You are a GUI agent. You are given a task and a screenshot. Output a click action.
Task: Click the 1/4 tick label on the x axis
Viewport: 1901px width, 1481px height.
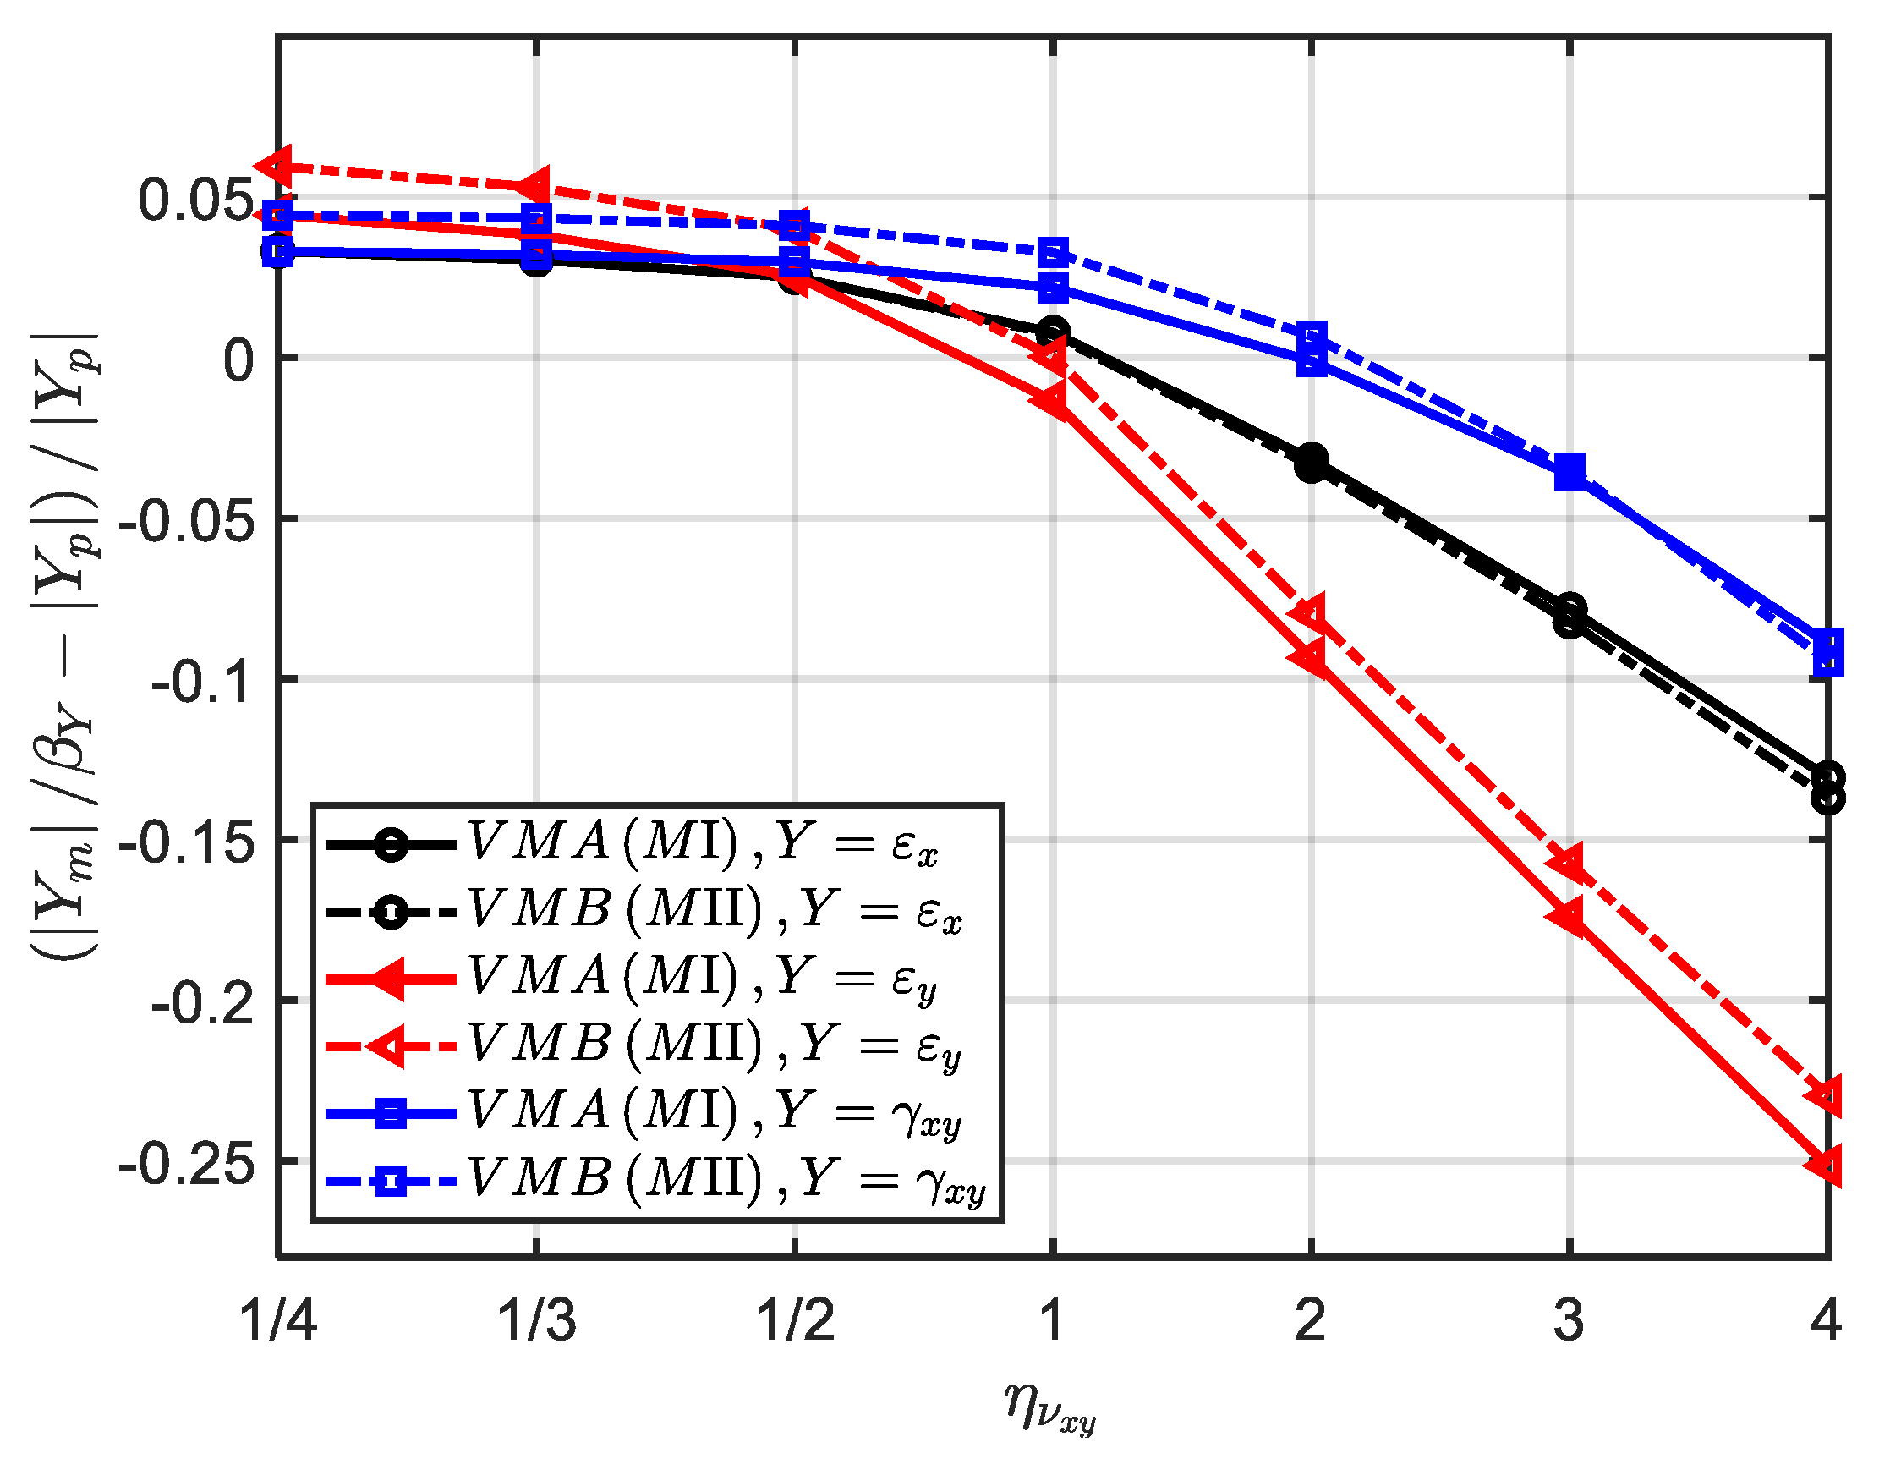point(277,1320)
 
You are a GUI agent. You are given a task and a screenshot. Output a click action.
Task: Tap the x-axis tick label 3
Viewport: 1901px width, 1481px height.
point(1570,1320)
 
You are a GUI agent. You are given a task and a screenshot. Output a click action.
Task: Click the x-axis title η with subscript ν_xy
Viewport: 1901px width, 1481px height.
point(1049,1409)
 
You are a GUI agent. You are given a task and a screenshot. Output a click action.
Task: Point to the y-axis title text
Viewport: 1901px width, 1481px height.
point(65,649)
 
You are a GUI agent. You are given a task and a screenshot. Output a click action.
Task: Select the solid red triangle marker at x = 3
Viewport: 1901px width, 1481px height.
point(1569,917)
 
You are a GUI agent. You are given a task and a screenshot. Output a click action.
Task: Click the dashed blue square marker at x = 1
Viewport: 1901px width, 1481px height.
point(1053,254)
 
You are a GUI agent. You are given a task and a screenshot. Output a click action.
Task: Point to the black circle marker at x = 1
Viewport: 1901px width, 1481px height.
point(1053,332)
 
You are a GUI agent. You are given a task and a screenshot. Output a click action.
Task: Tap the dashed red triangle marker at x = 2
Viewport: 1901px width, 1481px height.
point(1310,613)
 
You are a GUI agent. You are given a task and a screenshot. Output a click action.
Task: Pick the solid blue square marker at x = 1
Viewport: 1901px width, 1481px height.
point(1053,288)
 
